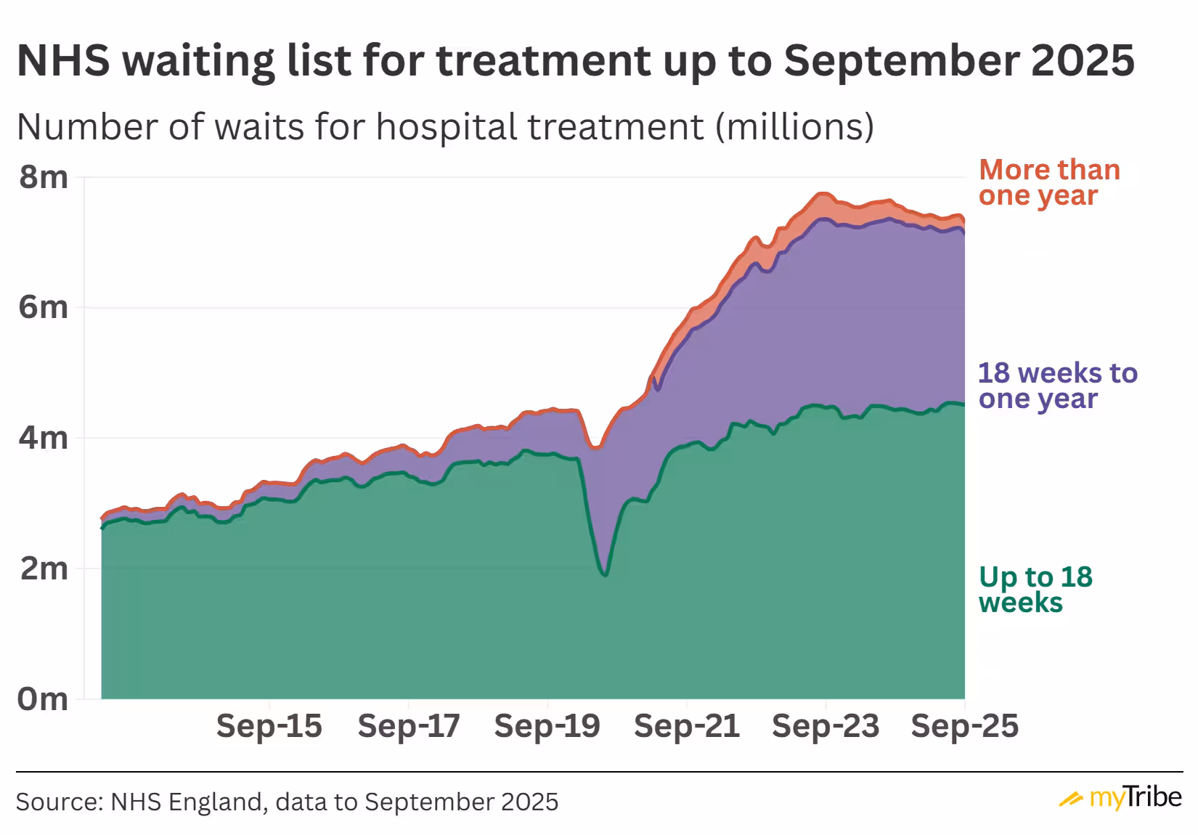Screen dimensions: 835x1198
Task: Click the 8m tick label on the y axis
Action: click(44, 176)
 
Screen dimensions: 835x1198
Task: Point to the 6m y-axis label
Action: click(44, 307)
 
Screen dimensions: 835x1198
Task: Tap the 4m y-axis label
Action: click(44, 438)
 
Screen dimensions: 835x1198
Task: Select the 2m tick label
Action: click(44, 568)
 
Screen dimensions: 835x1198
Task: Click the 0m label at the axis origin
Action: click(44, 698)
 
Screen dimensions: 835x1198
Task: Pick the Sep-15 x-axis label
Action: click(269, 726)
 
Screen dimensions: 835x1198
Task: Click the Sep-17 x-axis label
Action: click(409, 726)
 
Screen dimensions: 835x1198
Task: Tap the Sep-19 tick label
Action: click(547, 726)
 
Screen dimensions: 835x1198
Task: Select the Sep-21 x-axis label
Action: click(687, 726)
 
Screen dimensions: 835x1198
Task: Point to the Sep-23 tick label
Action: click(826, 726)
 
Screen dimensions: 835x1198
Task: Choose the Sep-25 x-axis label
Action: click(965, 726)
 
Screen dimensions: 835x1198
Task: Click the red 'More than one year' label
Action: click(1048, 182)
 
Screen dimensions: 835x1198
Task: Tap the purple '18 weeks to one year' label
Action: click(1057, 386)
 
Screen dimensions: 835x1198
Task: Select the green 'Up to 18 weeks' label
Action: click(1035, 589)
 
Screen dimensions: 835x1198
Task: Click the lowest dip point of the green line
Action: click(605, 575)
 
